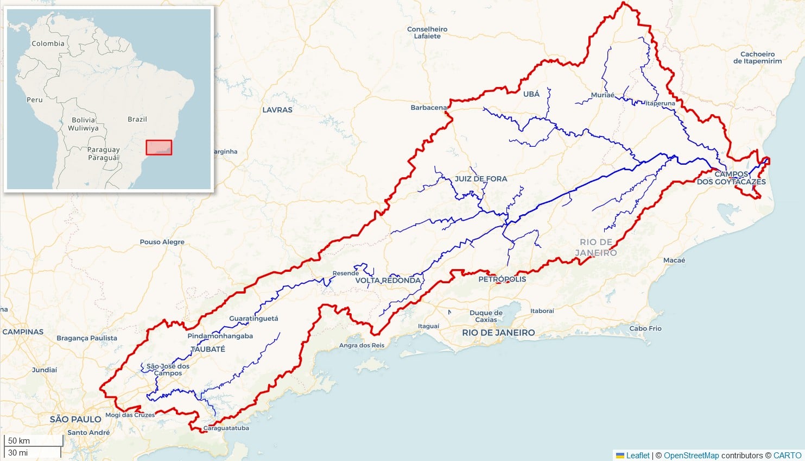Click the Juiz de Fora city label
pyautogui.click(x=481, y=179)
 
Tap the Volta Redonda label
pyautogui.click(x=388, y=281)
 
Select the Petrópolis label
pyautogui.click(x=502, y=279)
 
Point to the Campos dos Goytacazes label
pyautogui.click(x=731, y=178)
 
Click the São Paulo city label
pyautogui.click(x=75, y=419)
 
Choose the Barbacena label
pyautogui.click(x=429, y=108)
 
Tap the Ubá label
pyautogui.click(x=531, y=94)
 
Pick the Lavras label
pyautogui.click(x=277, y=110)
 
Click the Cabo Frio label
pyautogui.click(x=645, y=328)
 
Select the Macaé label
pyautogui.click(x=674, y=260)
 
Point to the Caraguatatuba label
pyautogui.click(x=226, y=428)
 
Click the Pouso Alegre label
pyautogui.click(x=162, y=242)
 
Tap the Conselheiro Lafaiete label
pyautogui.click(x=427, y=33)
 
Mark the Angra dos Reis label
pyautogui.click(x=362, y=345)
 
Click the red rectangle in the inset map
pyautogui.click(x=159, y=147)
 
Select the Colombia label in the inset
pyautogui.click(x=48, y=43)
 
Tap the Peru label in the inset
pyautogui.click(x=34, y=100)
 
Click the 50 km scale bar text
pyautogui.click(x=19, y=441)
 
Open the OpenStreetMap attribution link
pyautogui.click(x=691, y=456)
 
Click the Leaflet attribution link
pyautogui.click(x=637, y=456)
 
